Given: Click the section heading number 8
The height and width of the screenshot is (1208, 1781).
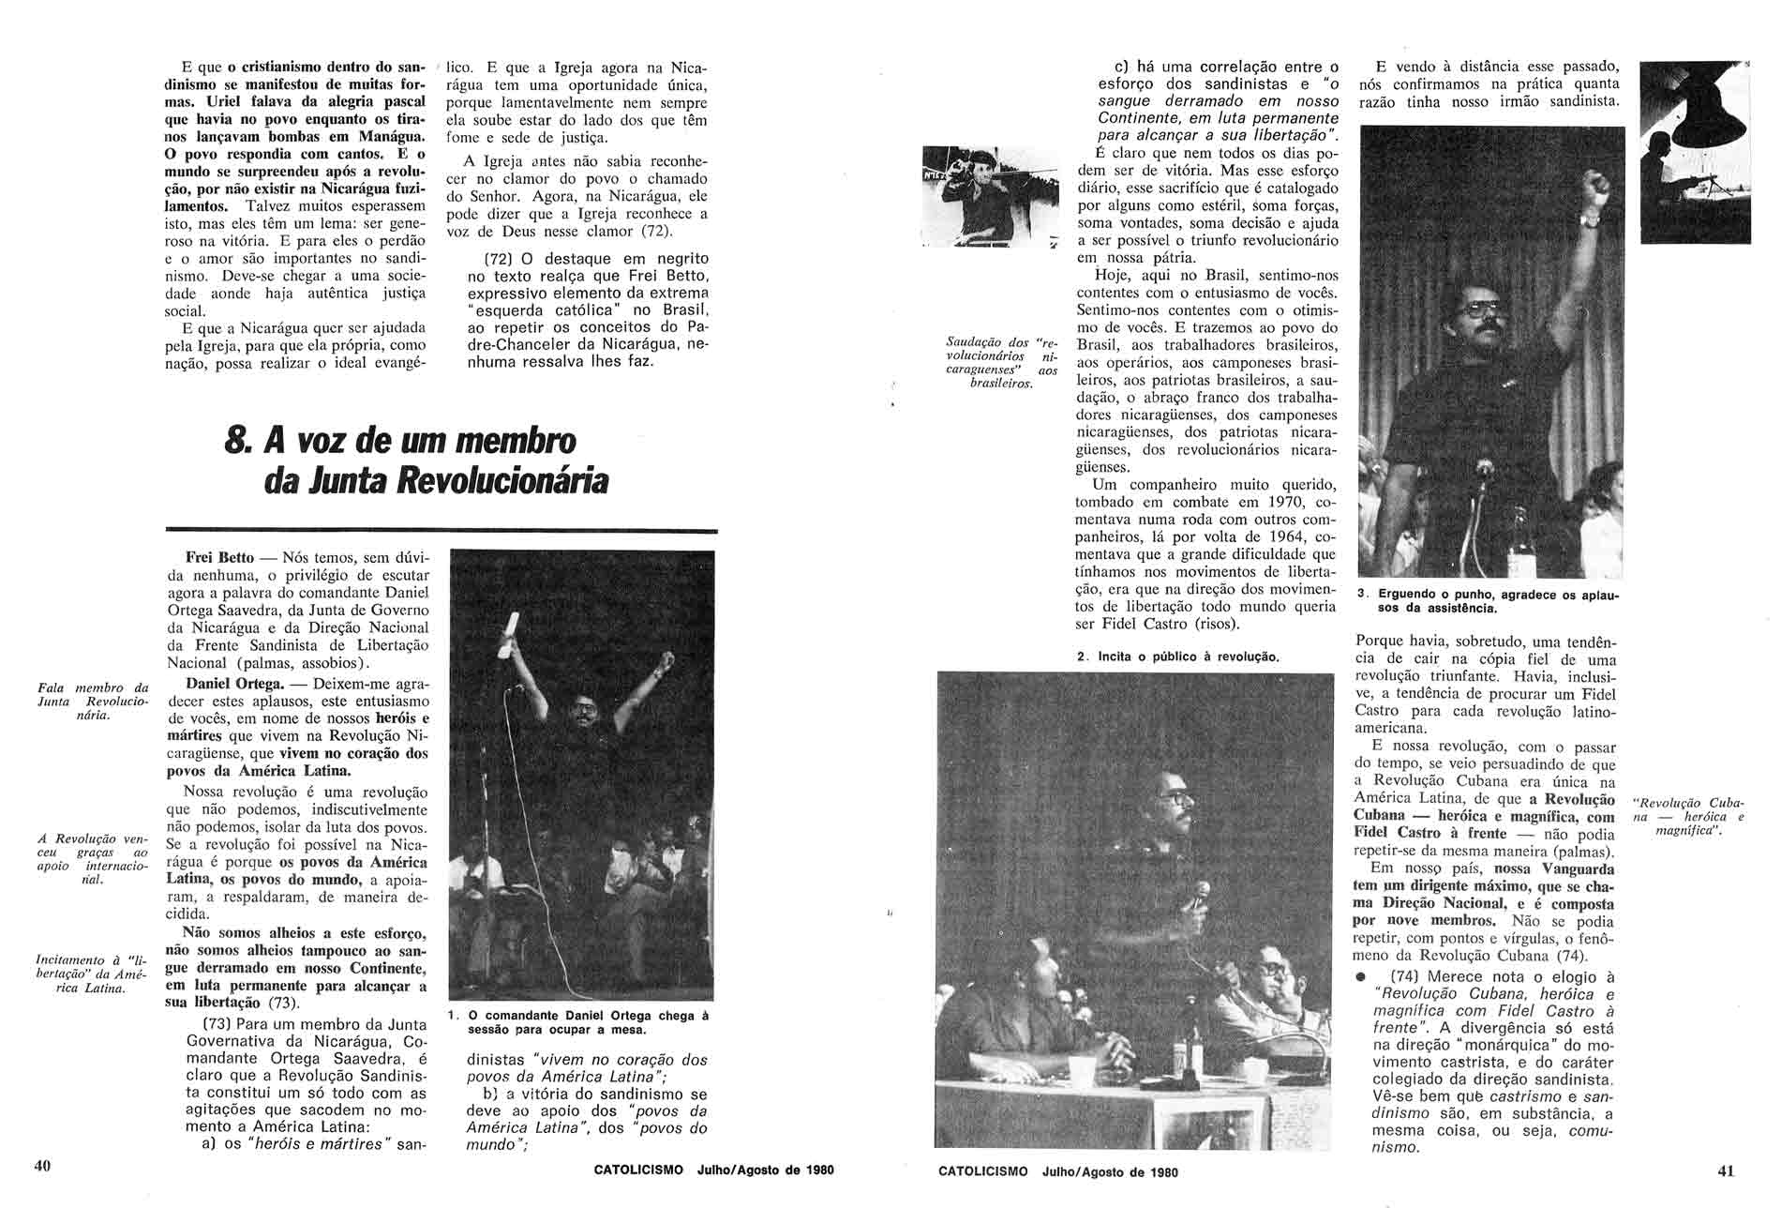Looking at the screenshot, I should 236,440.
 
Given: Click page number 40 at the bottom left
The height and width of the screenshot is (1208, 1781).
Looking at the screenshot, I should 41,1166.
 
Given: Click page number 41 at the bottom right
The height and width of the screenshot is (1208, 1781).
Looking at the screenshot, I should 1727,1170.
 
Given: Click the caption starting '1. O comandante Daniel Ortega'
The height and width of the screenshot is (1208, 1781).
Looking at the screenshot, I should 578,1022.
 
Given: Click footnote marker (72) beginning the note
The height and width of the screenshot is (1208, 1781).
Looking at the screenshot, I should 502,259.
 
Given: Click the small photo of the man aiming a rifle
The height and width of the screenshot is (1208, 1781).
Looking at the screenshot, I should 986,196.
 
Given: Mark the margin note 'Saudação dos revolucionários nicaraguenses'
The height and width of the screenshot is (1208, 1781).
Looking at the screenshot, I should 1001,362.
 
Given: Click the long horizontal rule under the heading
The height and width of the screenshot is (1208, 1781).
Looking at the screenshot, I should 441,531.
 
